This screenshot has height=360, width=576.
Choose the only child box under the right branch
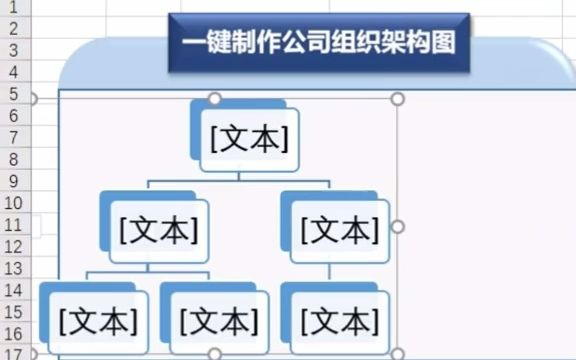coord(339,322)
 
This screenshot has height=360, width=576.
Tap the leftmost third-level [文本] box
coord(97,322)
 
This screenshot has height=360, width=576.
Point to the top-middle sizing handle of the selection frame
coord(213,98)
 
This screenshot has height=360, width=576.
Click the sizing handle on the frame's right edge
coord(397,227)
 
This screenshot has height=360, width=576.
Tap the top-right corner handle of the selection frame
coord(397,99)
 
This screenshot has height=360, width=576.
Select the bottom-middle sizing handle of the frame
coord(213,354)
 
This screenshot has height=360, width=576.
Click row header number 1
coord(13,7)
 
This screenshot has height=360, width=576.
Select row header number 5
coord(13,94)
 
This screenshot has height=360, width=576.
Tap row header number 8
coord(13,159)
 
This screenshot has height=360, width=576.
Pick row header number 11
coord(13,225)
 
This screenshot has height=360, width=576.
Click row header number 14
coord(13,290)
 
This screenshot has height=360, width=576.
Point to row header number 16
coord(13,333)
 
